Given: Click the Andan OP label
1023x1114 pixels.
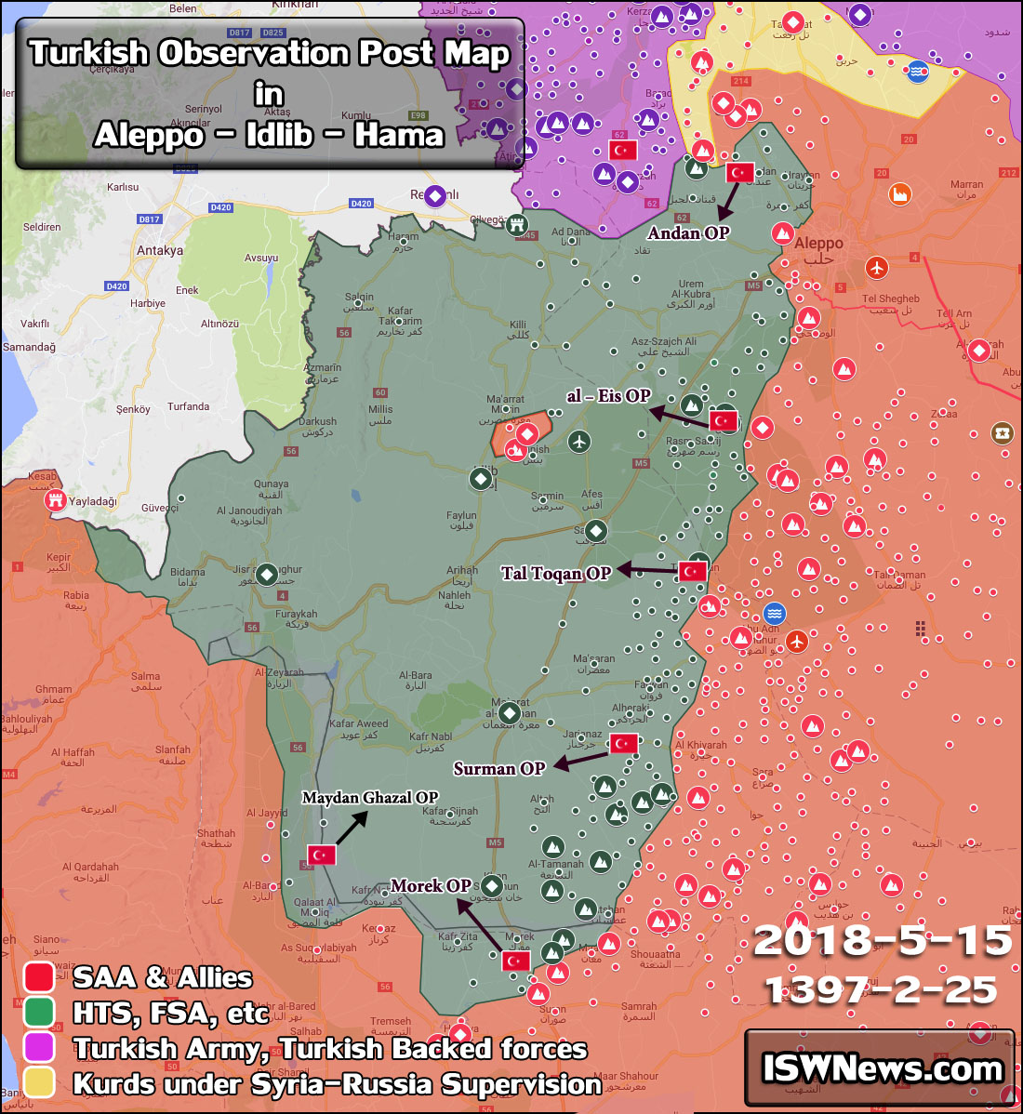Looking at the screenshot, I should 688,233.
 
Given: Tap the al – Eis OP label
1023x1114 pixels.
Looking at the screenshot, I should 608,396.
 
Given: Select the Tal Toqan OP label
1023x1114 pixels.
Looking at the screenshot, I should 555,574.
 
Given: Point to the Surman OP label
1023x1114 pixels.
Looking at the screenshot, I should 498,769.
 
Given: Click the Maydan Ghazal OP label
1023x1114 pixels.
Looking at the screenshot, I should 369,798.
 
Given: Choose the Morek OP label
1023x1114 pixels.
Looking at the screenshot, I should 431,886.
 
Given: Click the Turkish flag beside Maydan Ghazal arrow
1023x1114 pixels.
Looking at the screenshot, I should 322,855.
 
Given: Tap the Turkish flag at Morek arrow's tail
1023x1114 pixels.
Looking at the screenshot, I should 515,961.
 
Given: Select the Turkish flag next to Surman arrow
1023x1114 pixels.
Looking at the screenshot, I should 624,744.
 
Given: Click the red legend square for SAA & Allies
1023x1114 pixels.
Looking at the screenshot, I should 39,977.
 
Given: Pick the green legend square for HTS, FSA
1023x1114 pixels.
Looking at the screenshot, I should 39,1013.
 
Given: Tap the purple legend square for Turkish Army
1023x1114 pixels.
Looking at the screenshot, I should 39,1048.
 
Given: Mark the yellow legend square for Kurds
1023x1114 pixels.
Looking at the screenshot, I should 39,1083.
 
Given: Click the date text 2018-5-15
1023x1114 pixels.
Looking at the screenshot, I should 882,941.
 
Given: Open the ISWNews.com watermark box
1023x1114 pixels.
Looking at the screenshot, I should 880,1068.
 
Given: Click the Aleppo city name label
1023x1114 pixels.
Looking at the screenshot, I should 818,244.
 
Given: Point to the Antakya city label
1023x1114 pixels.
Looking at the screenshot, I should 160,250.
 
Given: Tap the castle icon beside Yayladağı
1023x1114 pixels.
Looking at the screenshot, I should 56,501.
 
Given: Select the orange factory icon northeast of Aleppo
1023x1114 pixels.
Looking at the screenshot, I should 899,194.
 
